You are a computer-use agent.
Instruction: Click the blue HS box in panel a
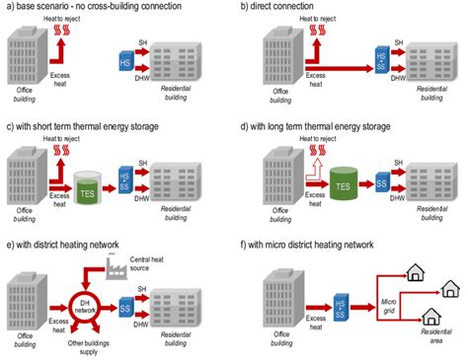(125, 63)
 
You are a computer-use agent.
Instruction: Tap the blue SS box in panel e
(126, 299)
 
